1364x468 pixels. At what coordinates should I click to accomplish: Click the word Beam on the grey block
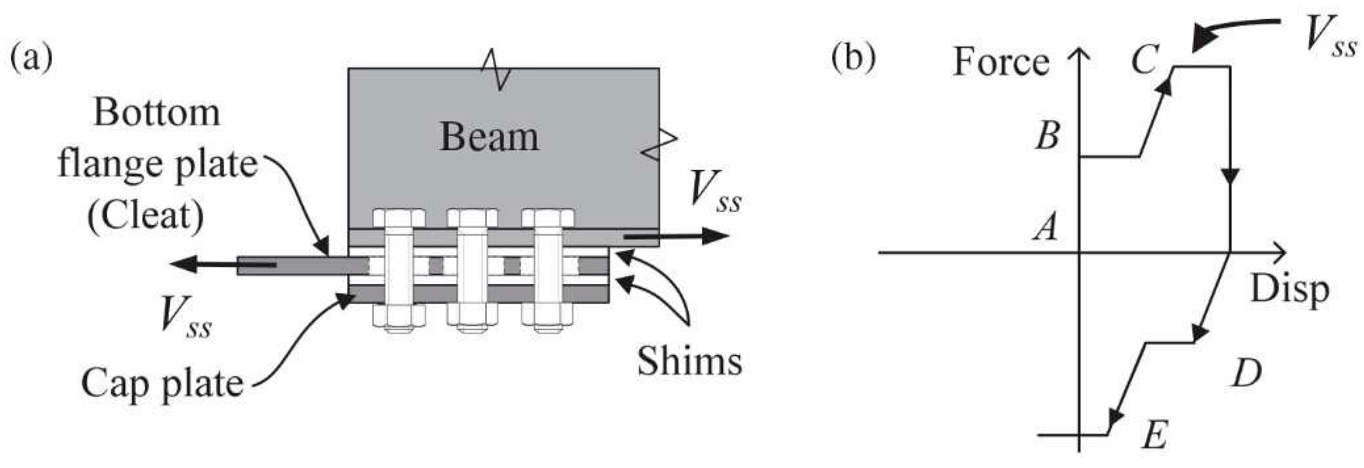coord(489,137)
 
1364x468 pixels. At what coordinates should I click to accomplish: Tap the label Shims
coord(689,362)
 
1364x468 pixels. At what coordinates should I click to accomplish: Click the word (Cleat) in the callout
coord(146,216)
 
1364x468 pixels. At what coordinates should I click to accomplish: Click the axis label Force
coord(1000,62)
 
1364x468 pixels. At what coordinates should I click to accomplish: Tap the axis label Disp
coord(1289,290)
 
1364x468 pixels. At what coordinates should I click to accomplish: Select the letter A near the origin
coord(1046,228)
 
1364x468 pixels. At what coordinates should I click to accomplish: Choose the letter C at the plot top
coord(1145,59)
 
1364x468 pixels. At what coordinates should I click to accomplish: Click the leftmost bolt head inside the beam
coord(399,217)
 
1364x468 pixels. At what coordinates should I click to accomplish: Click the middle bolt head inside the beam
coord(472,217)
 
